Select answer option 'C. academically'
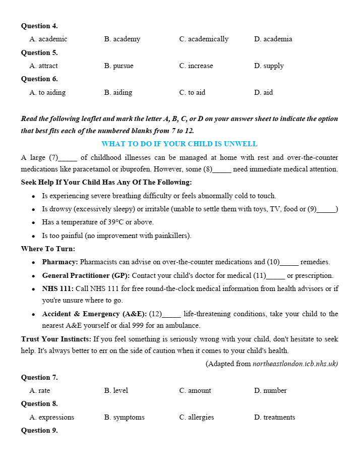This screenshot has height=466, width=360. coord(204,39)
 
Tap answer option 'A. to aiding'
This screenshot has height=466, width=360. coord(48,92)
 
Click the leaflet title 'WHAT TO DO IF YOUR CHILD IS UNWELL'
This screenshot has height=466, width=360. coord(179,144)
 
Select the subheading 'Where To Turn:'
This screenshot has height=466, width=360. coord(48,249)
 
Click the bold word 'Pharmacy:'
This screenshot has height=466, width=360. coord(60,262)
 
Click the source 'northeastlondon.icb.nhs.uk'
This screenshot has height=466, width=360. coord(294,364)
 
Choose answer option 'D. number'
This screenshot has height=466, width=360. coord(270,390)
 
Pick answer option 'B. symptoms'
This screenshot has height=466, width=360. coord(124,417)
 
